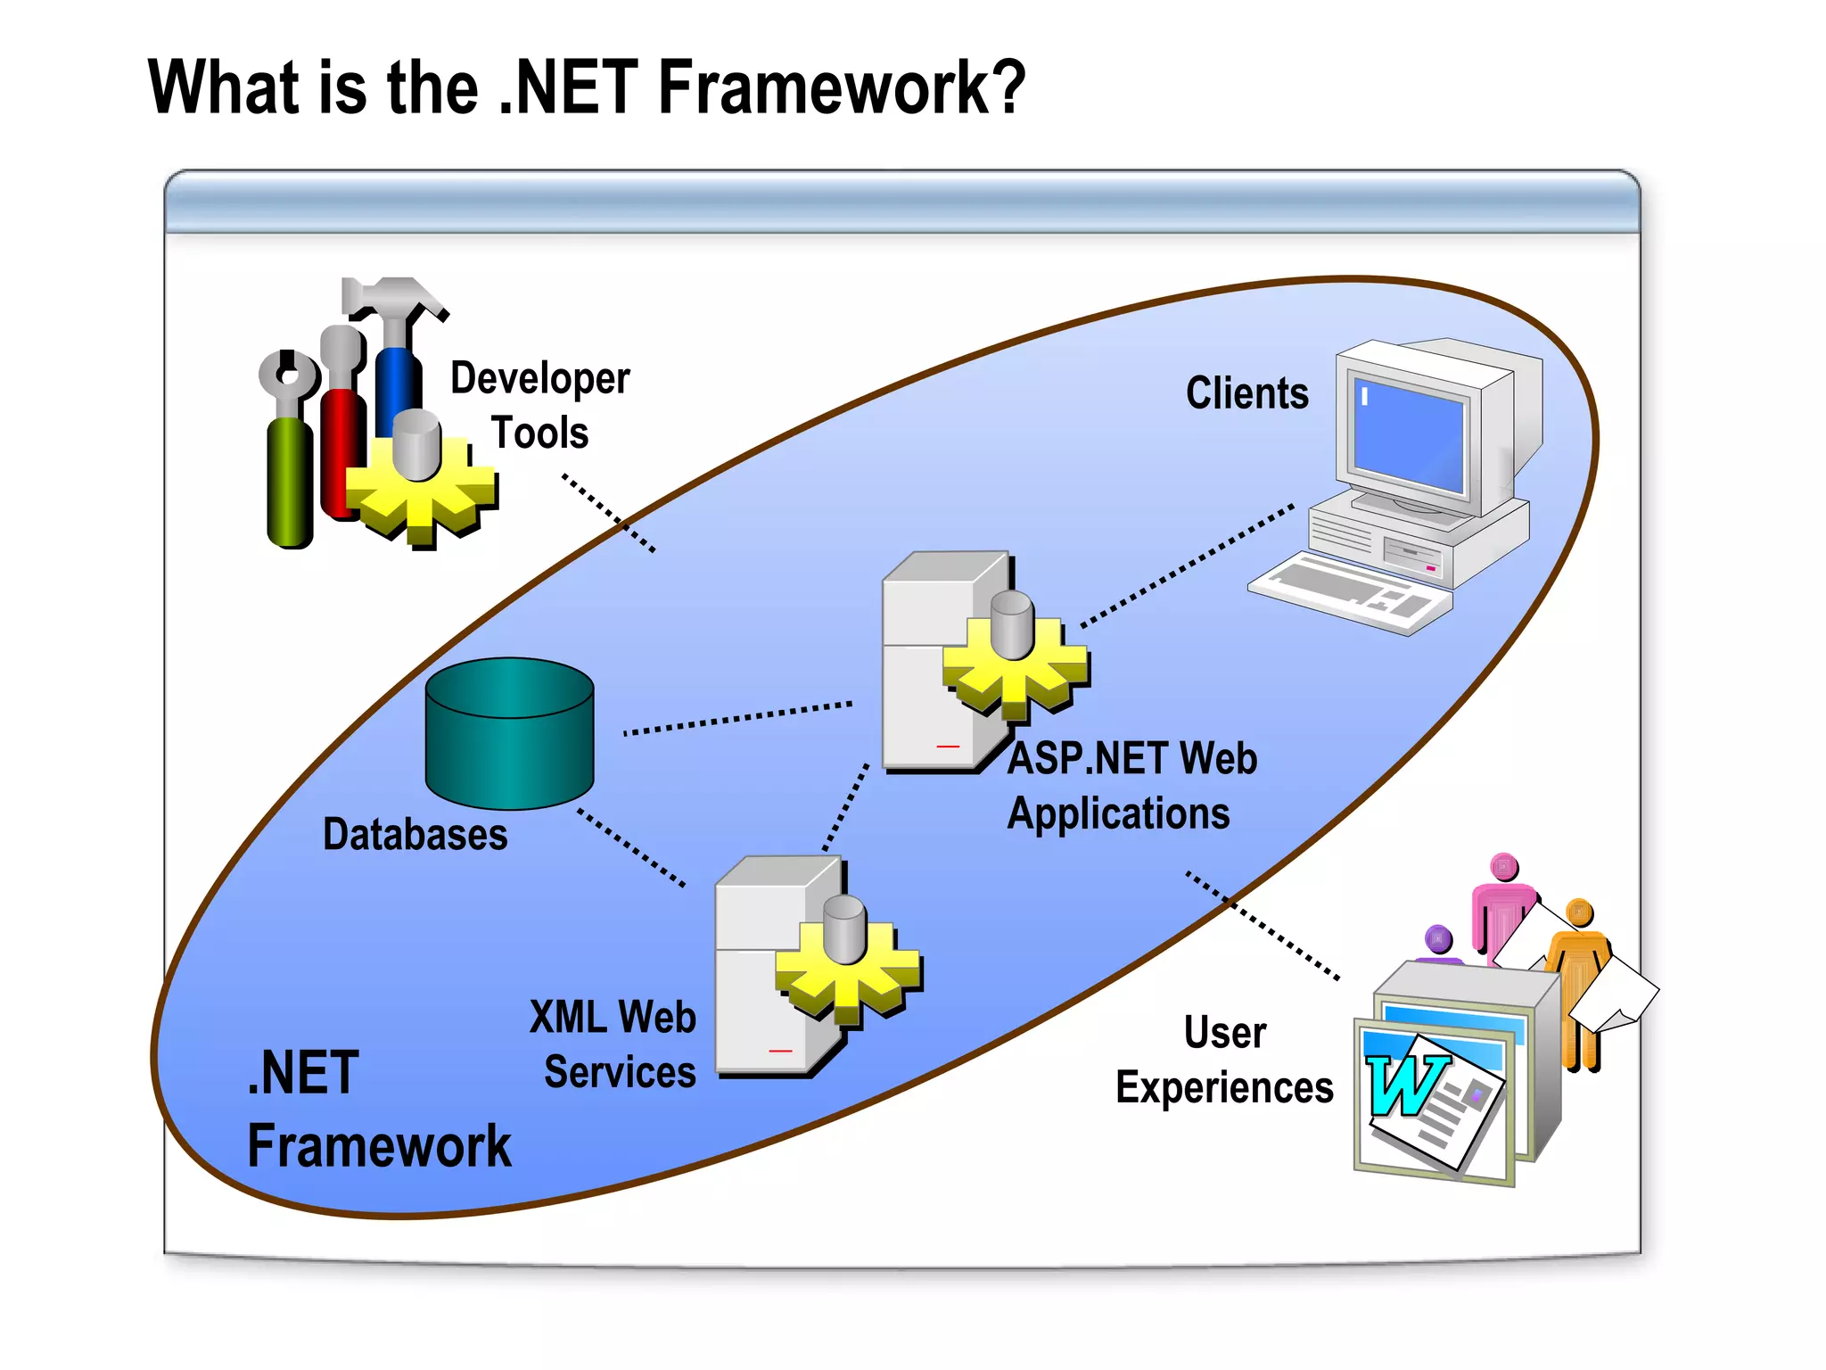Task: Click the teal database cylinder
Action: [x=509, y=733]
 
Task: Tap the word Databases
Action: [x=415, y=835]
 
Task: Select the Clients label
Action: [x=1246, y=393]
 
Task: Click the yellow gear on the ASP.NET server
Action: [x=1016, y=668]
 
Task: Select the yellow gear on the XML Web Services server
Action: [x=848, y=972]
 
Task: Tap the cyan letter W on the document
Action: [x=1404, y=1084]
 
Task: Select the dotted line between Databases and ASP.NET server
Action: [x=737, y=718]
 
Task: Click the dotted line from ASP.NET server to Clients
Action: [x=1186, y=567]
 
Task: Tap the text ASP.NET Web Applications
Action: [x=1131, y=786]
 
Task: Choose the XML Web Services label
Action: [x=613, y=1044]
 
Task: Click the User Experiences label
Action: [x=1224, y=1061]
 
